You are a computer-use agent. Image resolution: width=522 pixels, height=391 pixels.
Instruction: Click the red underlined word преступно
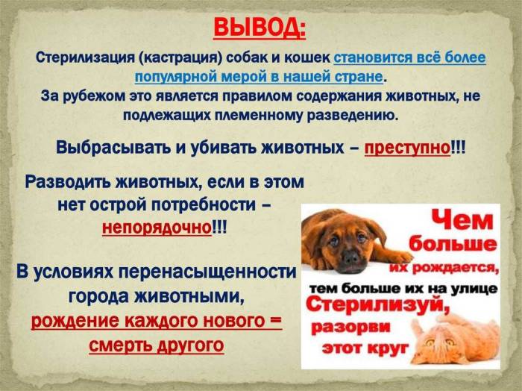tap(407, 148)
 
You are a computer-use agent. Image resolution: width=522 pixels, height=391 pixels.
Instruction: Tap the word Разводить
tap(69, 181)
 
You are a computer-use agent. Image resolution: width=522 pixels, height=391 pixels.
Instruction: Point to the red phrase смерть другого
tap(156, 345)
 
